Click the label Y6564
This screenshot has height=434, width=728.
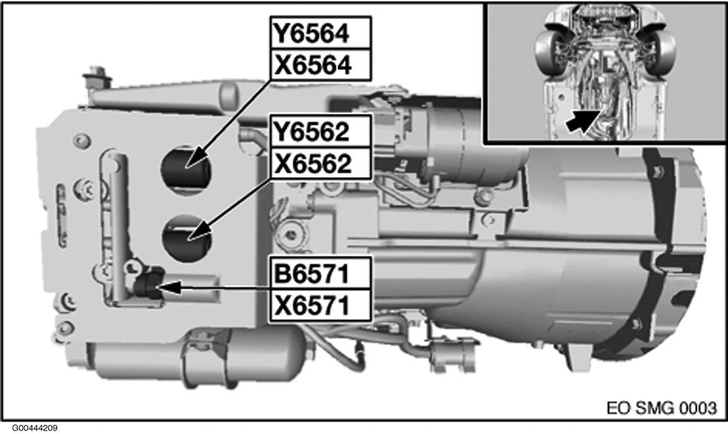pyautogui.click(x=320, y=33)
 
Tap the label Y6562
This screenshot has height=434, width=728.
pyautogui.click(x=320, y=131)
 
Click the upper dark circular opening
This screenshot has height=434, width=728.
pyautogui.click(x=187, y=165)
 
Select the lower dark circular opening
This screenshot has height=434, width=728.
pyautogui.click(x=187, y=237)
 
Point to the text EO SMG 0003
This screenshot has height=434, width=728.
pyautogui.click(x=661, y=406)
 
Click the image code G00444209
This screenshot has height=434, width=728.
pyautogui.click(x=35, y=428)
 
